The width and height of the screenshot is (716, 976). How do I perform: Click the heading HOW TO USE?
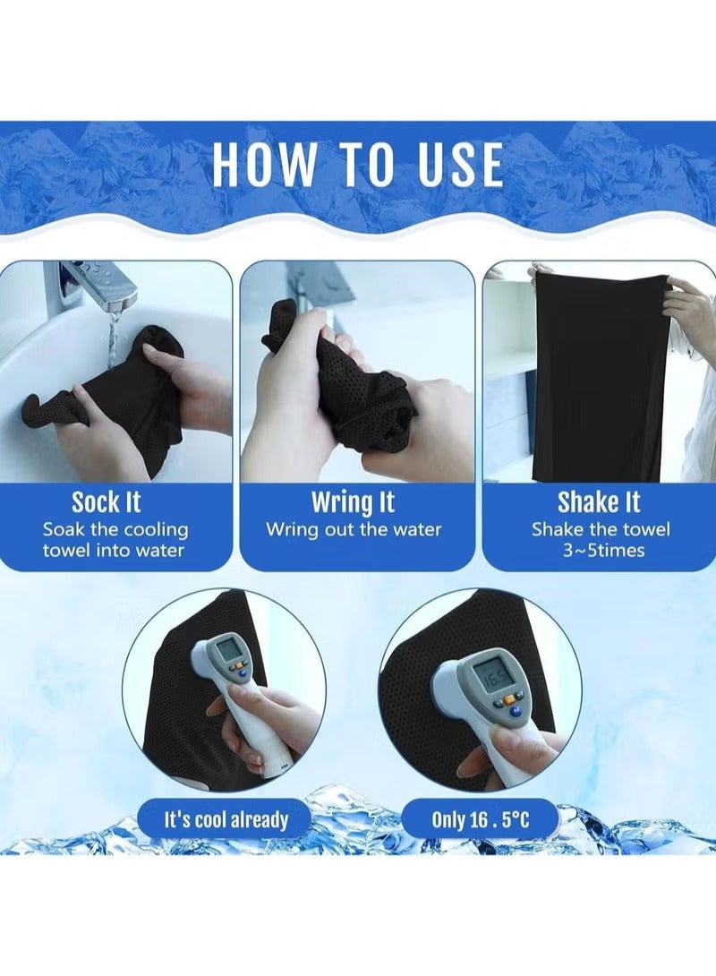click(x=357, y=165)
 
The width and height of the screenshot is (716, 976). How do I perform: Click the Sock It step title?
click(x=107, y=501)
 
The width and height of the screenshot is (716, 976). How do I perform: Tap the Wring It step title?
click(x=353, y=501)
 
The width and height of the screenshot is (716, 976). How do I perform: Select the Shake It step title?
click(x=599, y=501)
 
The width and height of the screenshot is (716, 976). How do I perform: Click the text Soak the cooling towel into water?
click(x=115, y=540)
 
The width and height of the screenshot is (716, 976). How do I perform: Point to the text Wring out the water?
click(x=354, y=529)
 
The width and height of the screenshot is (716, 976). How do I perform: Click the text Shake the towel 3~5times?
click(x=601, y=540)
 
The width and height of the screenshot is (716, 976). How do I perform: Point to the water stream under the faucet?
click(x=113, y=340)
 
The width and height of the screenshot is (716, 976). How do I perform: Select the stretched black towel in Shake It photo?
click(x=600, y=376)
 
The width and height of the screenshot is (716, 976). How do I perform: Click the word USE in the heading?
click(x=458, y=165)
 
